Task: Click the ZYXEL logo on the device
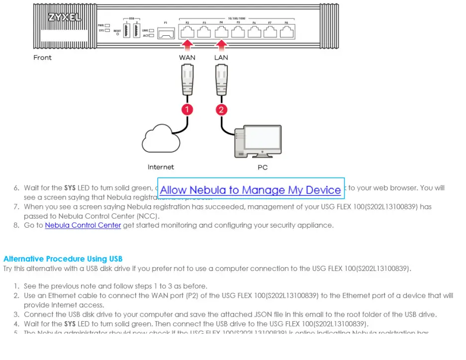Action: click(64, 17)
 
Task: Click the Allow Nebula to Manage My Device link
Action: click(250, 190)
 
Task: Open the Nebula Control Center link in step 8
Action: click(83, 225)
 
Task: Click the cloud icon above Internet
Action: click(161, 139)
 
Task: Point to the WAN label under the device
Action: click(187, 58)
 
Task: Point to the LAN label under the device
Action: click(221, 58)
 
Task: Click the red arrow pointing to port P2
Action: click(187, 45)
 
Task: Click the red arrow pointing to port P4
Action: click(221, 45)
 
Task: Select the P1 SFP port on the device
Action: click(168, 32)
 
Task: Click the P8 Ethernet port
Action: click(286, 32)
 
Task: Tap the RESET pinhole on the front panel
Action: click(117, 34)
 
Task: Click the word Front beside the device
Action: click(42, 58)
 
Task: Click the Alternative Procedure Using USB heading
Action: click(63, 259)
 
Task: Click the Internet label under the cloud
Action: click(161, 167)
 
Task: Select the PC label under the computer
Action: click(263, 167)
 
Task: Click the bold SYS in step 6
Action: click(70, 188)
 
